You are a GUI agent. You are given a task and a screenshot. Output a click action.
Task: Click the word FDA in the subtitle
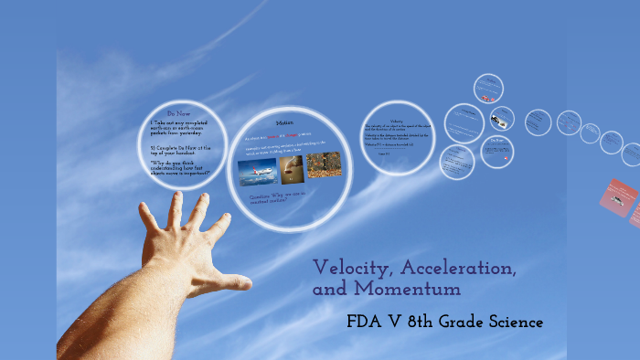[367, 322]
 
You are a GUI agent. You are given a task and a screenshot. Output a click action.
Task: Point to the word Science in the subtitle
[511, 322]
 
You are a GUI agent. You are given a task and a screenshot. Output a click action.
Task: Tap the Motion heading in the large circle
[283, 122]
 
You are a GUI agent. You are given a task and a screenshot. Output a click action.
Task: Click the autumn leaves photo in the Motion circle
[324, 164]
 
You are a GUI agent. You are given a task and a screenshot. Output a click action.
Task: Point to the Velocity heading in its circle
[396, 120]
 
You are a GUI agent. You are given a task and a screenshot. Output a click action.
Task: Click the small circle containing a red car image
[488, 90]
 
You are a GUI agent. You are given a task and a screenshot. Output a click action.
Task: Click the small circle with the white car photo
[502, 119]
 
